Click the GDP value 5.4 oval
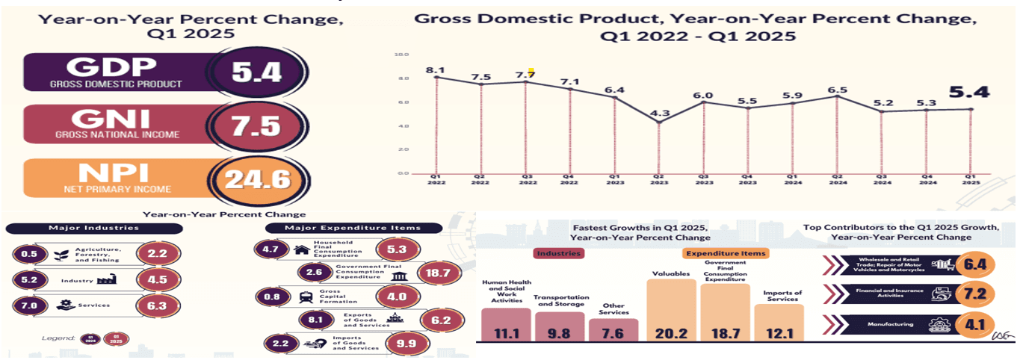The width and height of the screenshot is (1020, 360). click(x=256, y=73)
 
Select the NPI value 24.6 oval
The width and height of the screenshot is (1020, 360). click(x=256, y=180)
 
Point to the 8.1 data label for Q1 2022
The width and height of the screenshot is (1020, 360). click(x=434, y=70)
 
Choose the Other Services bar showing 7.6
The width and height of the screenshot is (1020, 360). click(x=614, y=329)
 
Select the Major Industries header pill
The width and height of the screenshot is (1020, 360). click(x=93, y=228)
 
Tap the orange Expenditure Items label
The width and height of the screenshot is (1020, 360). click(x=726, y=253)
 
